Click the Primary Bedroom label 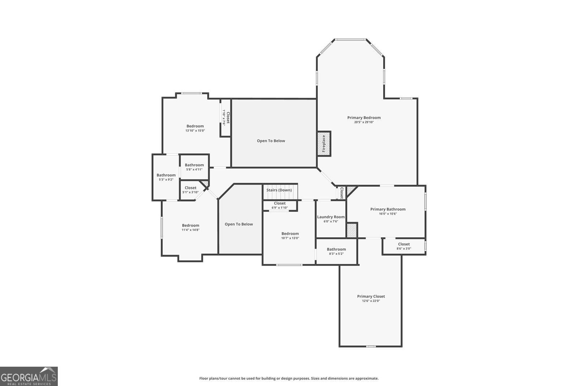[x=364, y=118]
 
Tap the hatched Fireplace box [x=324, y=143]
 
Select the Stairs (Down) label [x=279, y=190]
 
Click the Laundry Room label [x=331, y=217]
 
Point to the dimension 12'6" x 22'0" [x=371, y=301]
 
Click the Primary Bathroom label [x=388, y=209]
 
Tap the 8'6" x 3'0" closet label [x=404, y=244]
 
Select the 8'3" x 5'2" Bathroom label [x=336, y=249]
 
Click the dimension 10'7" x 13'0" [x=290, y=238]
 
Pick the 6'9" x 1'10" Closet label [x=280, y=203]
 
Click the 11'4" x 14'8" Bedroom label [x=190, y=225]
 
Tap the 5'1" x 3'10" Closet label [x=190, y=188]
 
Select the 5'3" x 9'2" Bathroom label [x=166, y=175]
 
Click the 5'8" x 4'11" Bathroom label [x=194, y=165]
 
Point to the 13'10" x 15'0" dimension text [x=195, y=131]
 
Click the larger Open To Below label [x=271, y=141]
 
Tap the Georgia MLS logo [x=29, y=376]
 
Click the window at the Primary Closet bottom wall [x=371, y=347]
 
